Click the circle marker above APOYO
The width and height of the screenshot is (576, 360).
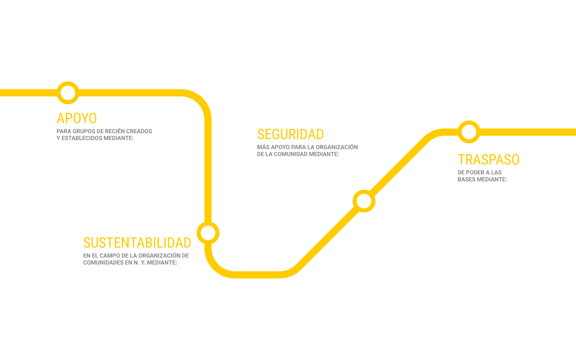(x=68, y=93)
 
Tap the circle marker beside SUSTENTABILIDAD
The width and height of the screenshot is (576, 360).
(x=208, y=233)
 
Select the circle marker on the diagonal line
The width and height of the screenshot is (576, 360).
(x=364, y=201)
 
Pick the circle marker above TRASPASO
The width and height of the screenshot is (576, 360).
(x=469, y=132)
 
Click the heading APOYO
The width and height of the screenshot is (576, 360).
(x=77, y=118)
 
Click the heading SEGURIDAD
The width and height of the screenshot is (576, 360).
(x=290, y=134)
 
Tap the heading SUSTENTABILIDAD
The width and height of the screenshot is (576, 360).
(x=137, y=243)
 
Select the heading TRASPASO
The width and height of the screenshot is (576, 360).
(x=489, y=159)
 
